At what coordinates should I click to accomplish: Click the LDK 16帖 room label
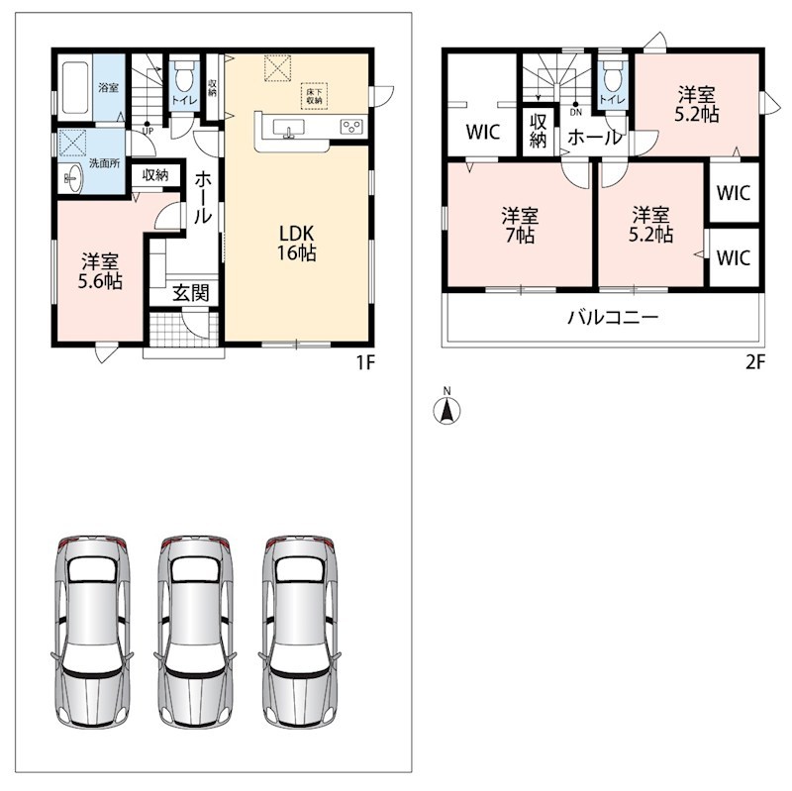click(296, 243)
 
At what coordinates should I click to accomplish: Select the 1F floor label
click(365, 362)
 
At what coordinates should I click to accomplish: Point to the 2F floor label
click(755, 362)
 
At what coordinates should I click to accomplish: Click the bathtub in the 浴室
click(75, 88)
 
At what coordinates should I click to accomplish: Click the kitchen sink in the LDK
click(288, 129)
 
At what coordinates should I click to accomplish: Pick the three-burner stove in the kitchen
click(351, 127)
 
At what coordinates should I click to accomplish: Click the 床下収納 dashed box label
click(314, 96)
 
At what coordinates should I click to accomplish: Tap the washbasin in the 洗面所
click(72, 178)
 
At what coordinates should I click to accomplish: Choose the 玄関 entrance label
click(190, 293)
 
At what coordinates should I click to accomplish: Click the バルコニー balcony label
click(613, 317)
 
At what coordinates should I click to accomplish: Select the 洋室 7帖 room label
click(520, 226)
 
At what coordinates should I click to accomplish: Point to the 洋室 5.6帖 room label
click(100, 271)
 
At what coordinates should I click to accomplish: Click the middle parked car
click(195, 632)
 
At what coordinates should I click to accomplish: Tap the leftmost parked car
click(92, 632)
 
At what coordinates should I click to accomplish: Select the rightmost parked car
click(300, 632)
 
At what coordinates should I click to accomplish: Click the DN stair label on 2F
click(576, 113)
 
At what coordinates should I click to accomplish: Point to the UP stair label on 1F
click(148, 132)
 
